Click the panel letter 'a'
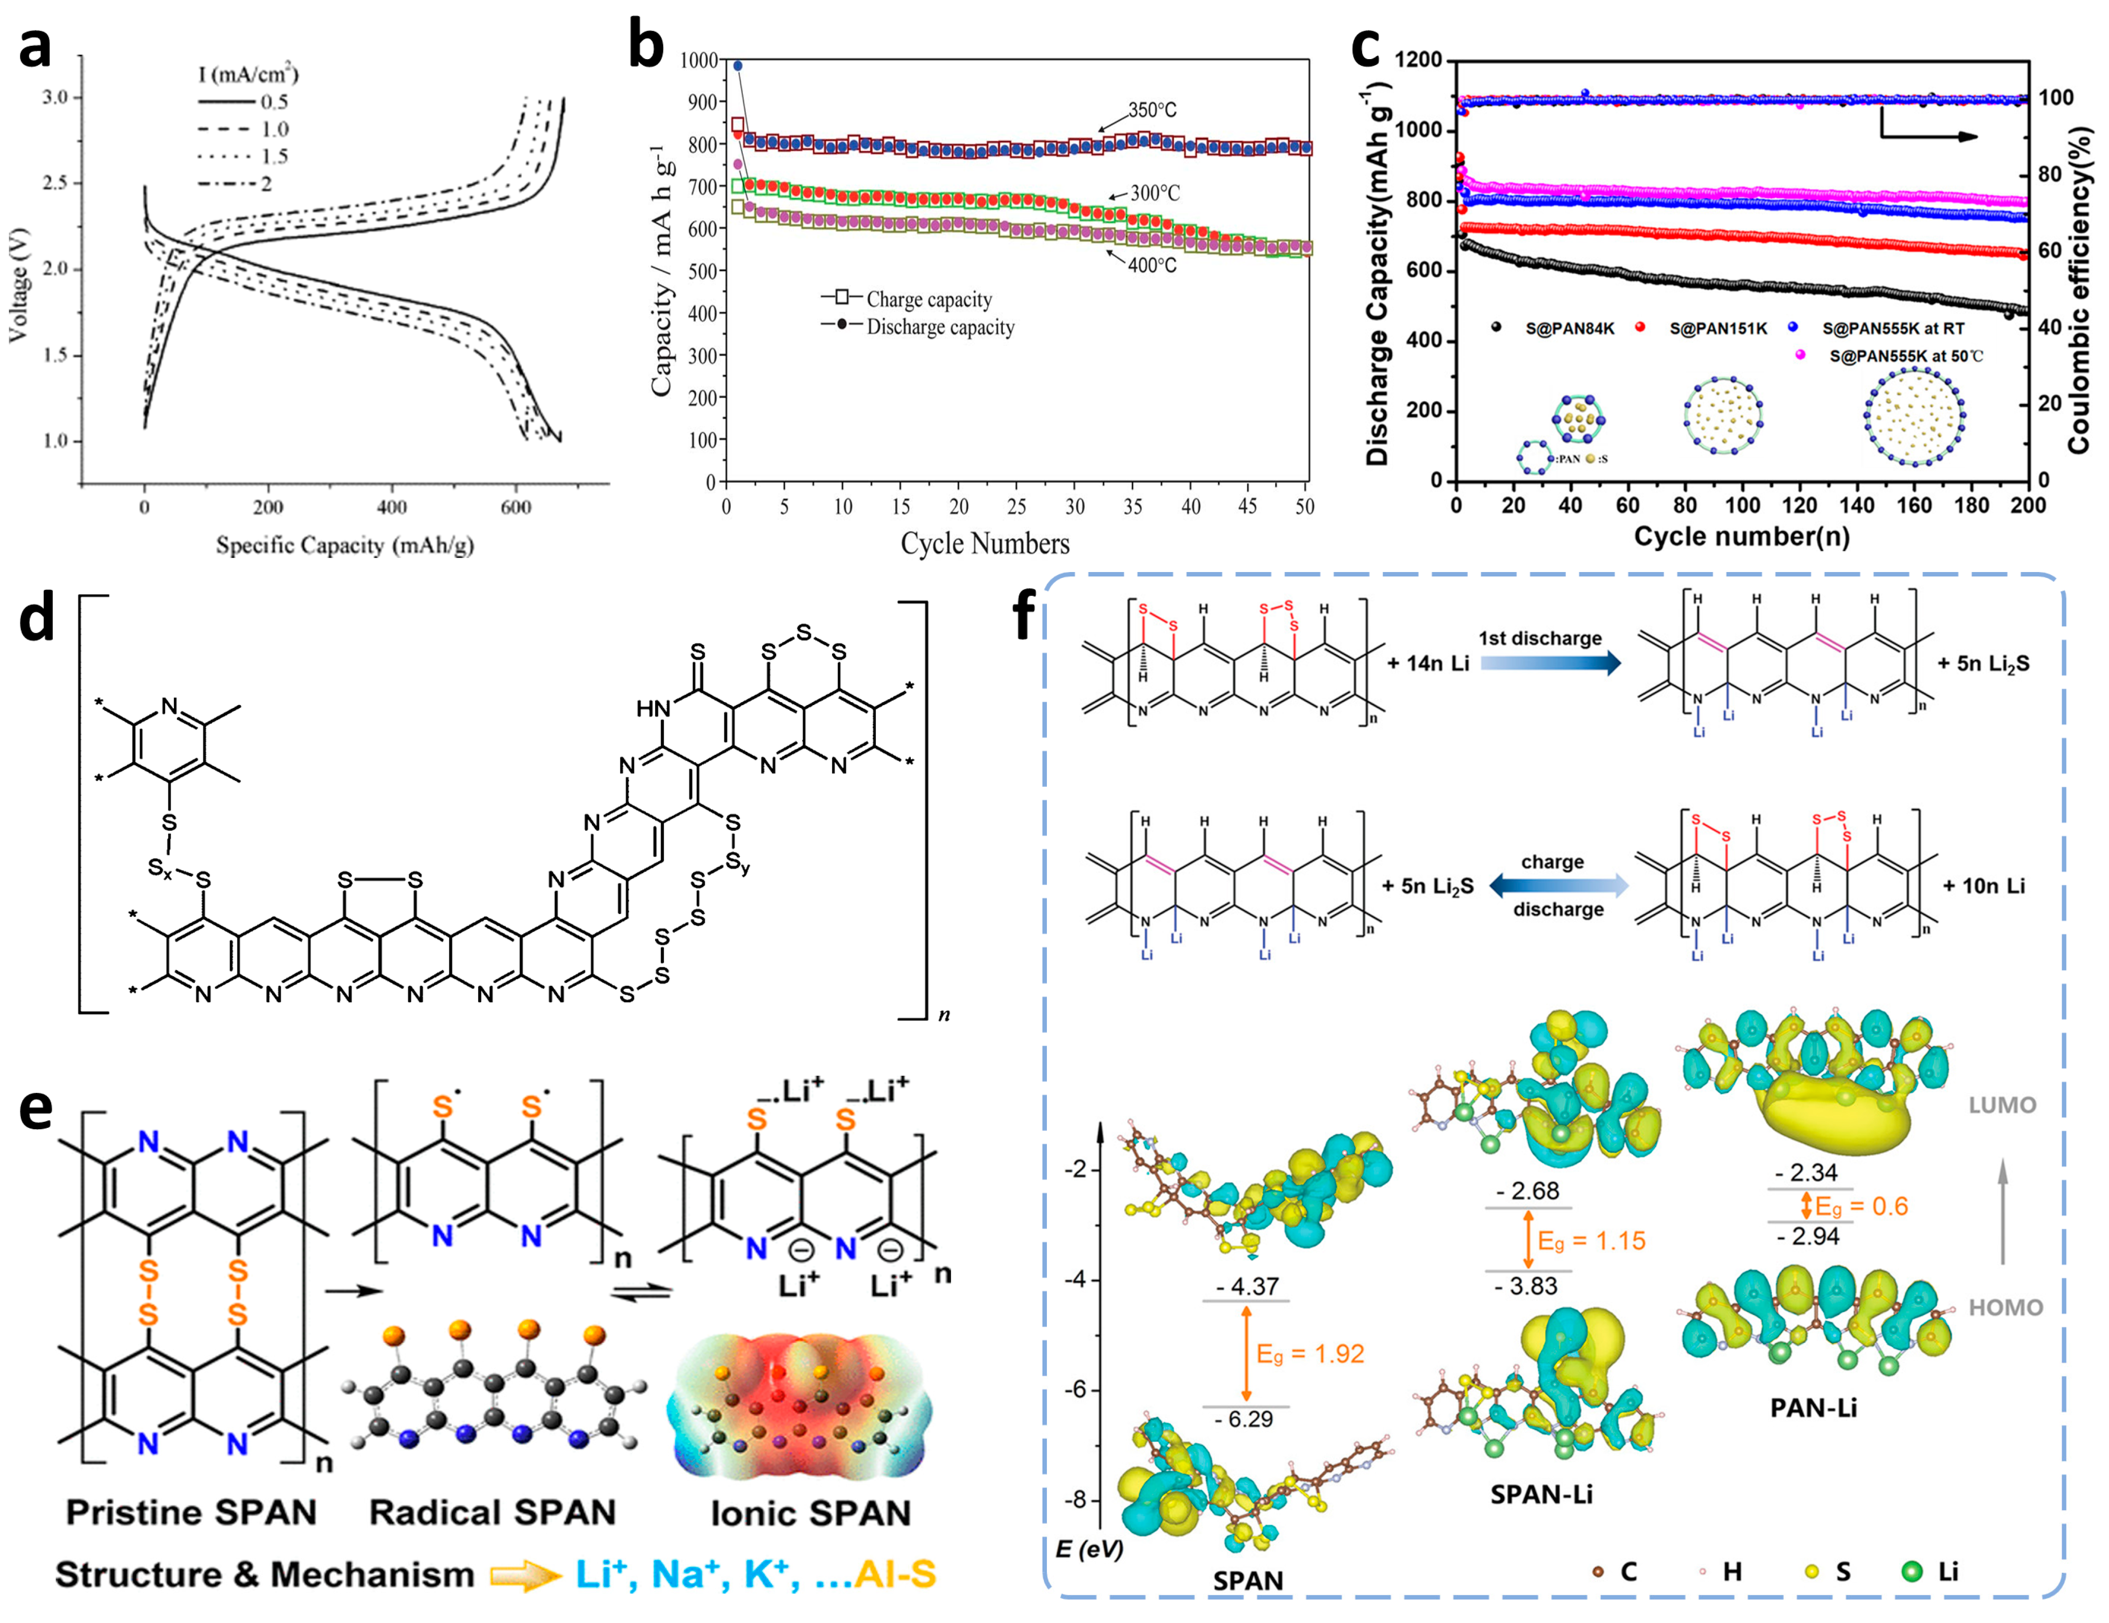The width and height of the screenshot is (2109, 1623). click(35, 48)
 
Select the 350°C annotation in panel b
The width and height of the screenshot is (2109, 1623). click(1152, 110)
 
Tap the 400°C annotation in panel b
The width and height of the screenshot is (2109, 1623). click(1152, 265)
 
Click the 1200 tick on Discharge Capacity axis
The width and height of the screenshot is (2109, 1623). click(1419, 60)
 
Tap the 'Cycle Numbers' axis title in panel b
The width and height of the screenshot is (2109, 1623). click(985, 543)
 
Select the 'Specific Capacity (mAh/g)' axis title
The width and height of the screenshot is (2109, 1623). click(345, 545)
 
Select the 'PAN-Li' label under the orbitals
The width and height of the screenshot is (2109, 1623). click(1813, 1408)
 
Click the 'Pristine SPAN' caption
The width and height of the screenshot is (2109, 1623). click(191, 1512)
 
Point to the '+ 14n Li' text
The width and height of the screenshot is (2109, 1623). click(1427, 663)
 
